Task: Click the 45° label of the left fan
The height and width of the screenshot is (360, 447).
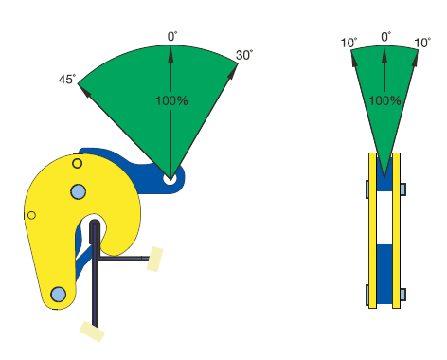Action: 67,79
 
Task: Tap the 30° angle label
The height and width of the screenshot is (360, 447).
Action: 244,55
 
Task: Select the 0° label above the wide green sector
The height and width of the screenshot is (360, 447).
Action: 172,37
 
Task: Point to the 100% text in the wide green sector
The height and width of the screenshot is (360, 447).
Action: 171,100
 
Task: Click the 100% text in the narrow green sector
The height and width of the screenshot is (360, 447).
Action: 384,100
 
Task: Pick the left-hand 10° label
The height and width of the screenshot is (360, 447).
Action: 349,43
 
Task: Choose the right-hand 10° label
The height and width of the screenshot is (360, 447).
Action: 422,43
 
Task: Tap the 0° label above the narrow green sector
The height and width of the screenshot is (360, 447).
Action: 386,37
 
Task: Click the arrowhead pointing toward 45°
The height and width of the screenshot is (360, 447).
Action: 84,90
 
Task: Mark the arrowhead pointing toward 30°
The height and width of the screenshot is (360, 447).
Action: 233,72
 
